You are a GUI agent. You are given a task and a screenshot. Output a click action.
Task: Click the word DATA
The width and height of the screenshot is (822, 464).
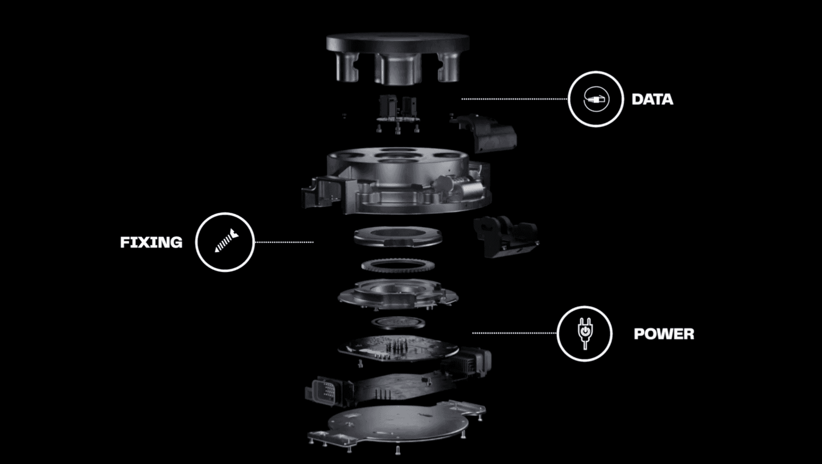tap(652, 99)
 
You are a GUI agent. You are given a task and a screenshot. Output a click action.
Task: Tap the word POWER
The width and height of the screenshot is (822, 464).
tap(664, 334)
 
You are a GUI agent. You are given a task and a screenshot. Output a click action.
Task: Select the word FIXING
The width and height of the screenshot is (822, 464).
tap(151, 242)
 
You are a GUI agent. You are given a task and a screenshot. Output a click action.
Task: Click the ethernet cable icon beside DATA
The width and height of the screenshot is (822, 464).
tap(596, 99)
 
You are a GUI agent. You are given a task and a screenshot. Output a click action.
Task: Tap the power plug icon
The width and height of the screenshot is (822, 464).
tap(585, 333)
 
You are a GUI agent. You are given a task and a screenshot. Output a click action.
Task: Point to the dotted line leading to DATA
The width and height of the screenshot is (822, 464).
tap(514, 99)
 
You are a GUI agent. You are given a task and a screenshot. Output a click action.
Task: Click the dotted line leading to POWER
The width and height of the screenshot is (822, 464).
tap(514, 333)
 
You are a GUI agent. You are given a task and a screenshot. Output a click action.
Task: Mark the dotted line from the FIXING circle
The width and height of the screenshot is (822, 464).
tap(284, 242)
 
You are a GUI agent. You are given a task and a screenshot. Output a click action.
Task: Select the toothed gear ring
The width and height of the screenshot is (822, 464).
tap(398, 265)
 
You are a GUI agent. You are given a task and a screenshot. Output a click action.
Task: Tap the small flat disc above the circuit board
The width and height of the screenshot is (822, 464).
tap(398, 322)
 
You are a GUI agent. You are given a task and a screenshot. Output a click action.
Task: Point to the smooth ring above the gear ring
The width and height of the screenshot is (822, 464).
tap(398, 237)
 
